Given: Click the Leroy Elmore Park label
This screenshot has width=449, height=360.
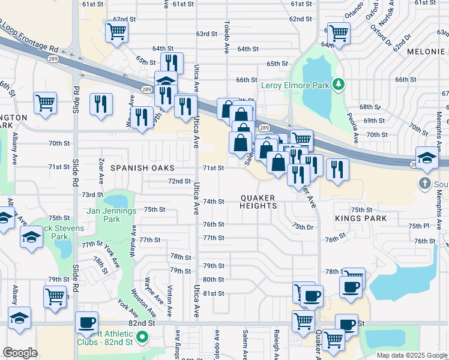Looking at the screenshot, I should [295, 86].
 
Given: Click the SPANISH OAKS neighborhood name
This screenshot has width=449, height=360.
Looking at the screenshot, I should [142, 168].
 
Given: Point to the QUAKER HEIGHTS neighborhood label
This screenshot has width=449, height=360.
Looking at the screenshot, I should [259, 202].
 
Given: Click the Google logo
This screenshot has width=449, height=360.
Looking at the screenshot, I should [20, 352].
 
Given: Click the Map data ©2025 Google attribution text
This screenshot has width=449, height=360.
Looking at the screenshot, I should [411, 355].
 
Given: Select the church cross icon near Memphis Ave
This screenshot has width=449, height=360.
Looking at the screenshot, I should [425, 183].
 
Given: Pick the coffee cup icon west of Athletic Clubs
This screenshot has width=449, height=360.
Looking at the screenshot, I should [86, 322].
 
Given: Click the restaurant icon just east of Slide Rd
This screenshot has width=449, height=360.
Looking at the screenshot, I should [101, 104].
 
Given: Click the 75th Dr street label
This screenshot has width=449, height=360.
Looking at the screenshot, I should [303, 226].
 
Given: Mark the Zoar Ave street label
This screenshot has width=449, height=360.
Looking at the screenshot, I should [101, 171].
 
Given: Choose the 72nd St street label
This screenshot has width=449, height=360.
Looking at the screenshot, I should [179, 181].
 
